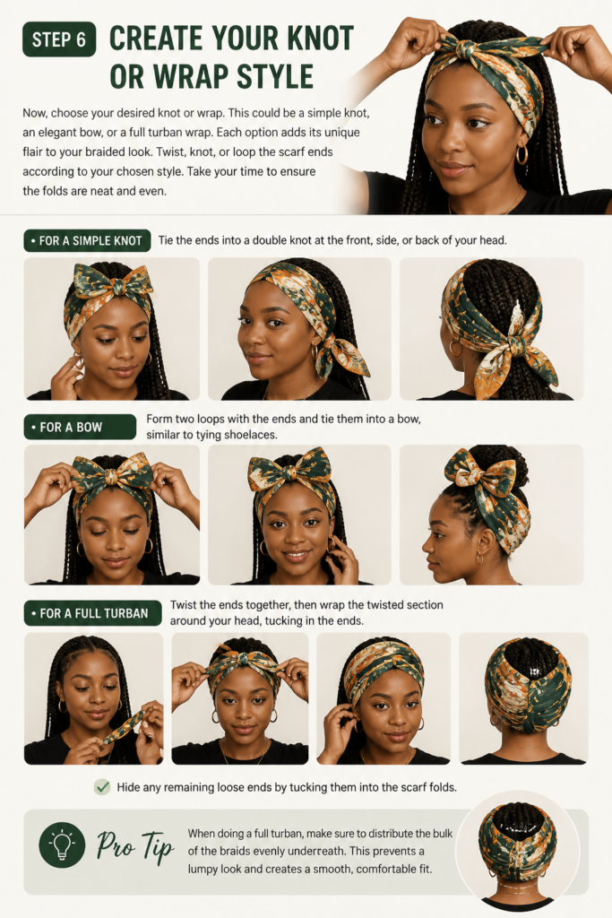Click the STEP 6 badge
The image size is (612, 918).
click(59, 39)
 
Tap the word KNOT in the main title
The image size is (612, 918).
click(310, 39)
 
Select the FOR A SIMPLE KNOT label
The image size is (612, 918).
click(87, 240)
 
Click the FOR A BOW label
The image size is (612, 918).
click(80, 428)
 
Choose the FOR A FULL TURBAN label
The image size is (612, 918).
click(93, 613)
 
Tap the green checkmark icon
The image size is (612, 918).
click(102, 787)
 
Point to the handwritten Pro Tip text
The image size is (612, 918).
click(135, 846)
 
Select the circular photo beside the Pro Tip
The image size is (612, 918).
click(517, 850)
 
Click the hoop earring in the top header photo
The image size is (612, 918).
click(521, 155)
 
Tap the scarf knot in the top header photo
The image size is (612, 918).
click(464, 50)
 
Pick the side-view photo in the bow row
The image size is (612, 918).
click(491, 515)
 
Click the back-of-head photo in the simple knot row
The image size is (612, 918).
click(491, 329)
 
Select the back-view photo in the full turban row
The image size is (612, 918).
click(523, 698)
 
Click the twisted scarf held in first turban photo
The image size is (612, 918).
click(123, 728)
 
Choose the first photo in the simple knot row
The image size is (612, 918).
click(112, 329)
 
